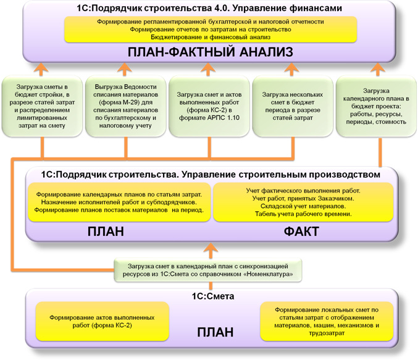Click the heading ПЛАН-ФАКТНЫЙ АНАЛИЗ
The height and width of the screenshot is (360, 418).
[211, 52]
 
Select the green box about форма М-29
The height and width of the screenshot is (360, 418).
[125, 106]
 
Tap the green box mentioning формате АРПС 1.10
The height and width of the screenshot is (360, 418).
[209, 106]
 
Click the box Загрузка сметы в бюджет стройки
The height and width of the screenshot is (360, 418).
[42, 106]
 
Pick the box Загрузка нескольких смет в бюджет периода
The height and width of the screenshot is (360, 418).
[293, 106]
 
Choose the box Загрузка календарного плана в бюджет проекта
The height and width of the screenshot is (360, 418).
[376, 106]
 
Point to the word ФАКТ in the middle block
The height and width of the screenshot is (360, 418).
[301, 232]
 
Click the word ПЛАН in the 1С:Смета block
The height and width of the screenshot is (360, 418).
[215, 332]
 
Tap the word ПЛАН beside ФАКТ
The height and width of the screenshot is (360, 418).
[106, 232]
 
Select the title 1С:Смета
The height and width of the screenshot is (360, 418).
[213, 296]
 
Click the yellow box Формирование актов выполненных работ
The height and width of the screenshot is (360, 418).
[102, 321]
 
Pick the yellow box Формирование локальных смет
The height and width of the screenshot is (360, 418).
[327, 321]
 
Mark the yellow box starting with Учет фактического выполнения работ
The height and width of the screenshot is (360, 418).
[303, 202]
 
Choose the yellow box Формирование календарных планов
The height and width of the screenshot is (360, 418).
[119, 202]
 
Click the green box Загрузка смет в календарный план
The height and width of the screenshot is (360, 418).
[208, 270]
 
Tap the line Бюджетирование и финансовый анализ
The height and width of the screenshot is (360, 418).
[211, 37]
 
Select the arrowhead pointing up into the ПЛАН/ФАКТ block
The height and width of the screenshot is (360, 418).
[211, 248]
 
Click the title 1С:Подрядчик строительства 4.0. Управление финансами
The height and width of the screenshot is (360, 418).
[209, 8]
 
